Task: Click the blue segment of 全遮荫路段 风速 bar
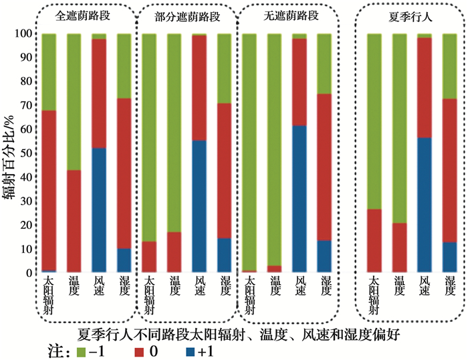[x=98, y=210]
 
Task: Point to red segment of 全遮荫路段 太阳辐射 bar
[x=49, y=190]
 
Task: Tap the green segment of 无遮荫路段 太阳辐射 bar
[x=249, y=151]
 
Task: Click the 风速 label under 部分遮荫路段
[x=199, y=287]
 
